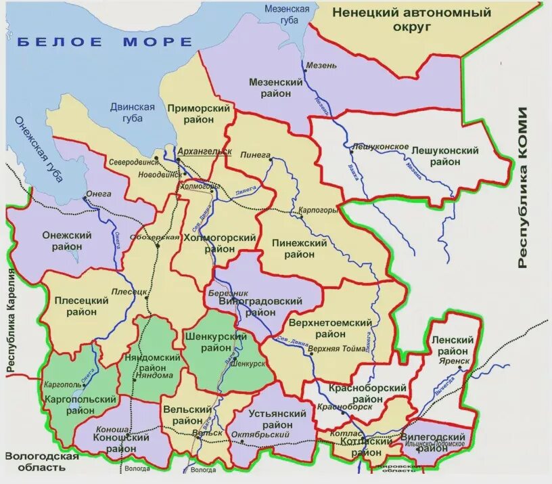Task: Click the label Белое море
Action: point(104,42)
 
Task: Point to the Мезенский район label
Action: point(275,87)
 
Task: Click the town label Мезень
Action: point(321,66)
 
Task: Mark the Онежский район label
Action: point(67,240)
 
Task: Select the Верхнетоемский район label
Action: point(330,328)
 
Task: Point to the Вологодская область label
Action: point(42,462)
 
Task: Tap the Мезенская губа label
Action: point(287,14)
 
